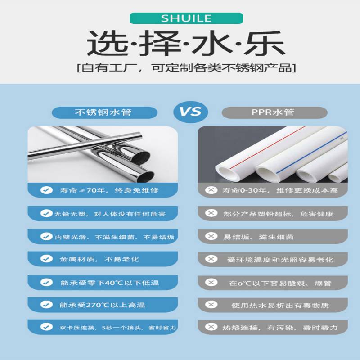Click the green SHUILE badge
pyautogui.click(x=186, y=18)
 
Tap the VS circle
pyautogui.click(x=190, y=112)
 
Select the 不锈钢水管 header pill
pyautogui.click(x=104, y=112)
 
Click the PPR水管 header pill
pyautogui.click(x=274, y=112)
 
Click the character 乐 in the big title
pyautogui.click(x=265, y=44)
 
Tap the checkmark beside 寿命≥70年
pyautogui.click(x=46, y=190)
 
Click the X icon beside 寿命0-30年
pyautogui.click(x=211, y=190)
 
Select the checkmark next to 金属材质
pyautogui.click(x=46, y=259)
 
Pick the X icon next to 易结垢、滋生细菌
pyautogui.click(x=211, y=236)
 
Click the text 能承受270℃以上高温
pyautogui.click(x=103, y=305)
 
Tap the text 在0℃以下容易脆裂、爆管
pyautogui.click(x=280, y=283)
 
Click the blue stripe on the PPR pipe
pyautogui.click(x=311, y=153)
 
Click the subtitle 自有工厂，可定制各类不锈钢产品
pyautogui.click(x=186, y=68)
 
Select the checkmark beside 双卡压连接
pyautogui.click(x=46, y=327)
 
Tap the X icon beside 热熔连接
pyautogui.click(x=211, y=327)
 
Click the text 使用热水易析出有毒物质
pyautogui.click(x=280, y=306)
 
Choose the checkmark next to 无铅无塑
pyautogui.click(x=46, y=213)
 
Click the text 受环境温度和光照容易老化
pyautogui.click(x=280, y=260)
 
